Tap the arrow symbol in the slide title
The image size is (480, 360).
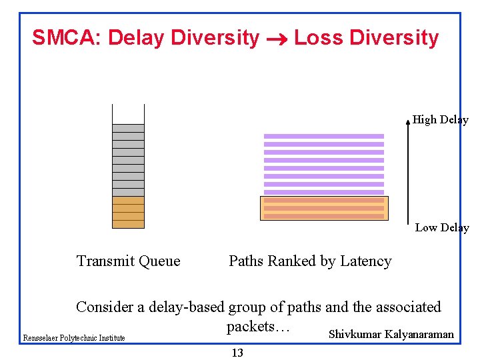pos(276,39)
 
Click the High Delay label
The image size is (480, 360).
pos(440,120)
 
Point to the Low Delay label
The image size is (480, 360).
pos(441,228)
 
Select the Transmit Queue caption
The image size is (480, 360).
pos(128,261)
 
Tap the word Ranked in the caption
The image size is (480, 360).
pos(285,261)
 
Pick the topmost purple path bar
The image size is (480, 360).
pos(324,136)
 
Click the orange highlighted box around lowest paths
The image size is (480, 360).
pos(324,208)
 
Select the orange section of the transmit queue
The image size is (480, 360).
pos(128,212)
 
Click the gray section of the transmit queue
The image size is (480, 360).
pos(128,160)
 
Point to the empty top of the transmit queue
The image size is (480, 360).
pos(128,114)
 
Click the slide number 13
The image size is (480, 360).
pos(237,353)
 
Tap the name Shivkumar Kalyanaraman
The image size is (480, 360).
pos(391,335)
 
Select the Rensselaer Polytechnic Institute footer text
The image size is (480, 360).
pos(74,338)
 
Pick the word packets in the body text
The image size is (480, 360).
pos(251,327)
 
